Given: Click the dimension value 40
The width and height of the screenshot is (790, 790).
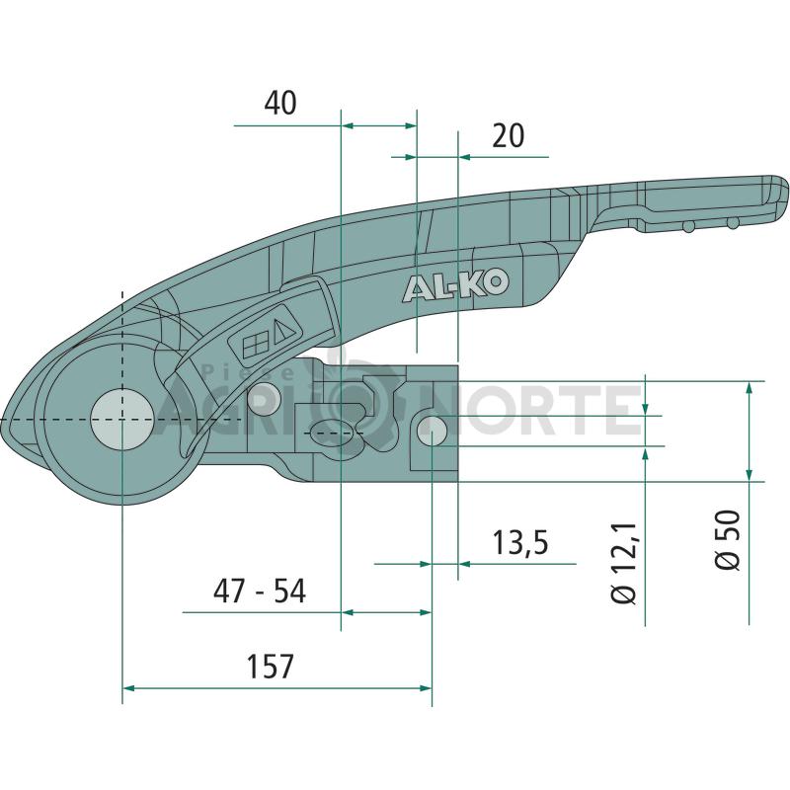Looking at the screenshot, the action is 280,103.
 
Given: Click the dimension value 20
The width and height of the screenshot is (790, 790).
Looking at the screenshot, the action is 508,136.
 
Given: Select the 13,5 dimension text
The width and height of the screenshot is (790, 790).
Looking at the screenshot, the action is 520,542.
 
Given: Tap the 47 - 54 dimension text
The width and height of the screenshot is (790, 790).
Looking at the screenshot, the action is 260,591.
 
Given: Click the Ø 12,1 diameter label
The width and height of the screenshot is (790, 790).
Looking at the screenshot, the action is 624,563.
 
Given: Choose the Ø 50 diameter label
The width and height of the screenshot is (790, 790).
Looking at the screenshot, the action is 729,539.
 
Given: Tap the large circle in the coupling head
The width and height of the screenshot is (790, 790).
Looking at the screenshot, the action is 121,420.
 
